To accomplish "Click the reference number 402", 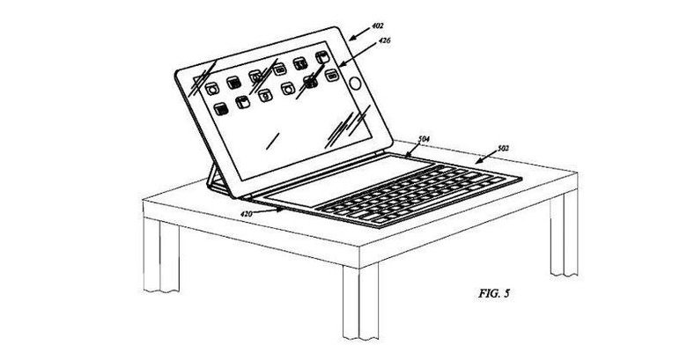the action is tap(377, 26).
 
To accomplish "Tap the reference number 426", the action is tap(384, 40).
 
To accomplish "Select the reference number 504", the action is tap(424, 139).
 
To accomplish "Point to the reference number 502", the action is tap(503, 148).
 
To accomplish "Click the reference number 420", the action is tap(247, 214).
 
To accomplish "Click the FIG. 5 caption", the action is tap(494, 293).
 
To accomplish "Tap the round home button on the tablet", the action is tap(355, 83).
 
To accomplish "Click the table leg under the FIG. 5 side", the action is tap(564, 233).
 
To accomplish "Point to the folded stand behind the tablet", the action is tap(216, 180).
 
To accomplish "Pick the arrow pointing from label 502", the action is tap(486, 158).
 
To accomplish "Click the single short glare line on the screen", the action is tap(273, 141).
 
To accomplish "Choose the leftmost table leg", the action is tap(161, 255).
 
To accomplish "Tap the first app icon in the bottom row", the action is tap(221, 108).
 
